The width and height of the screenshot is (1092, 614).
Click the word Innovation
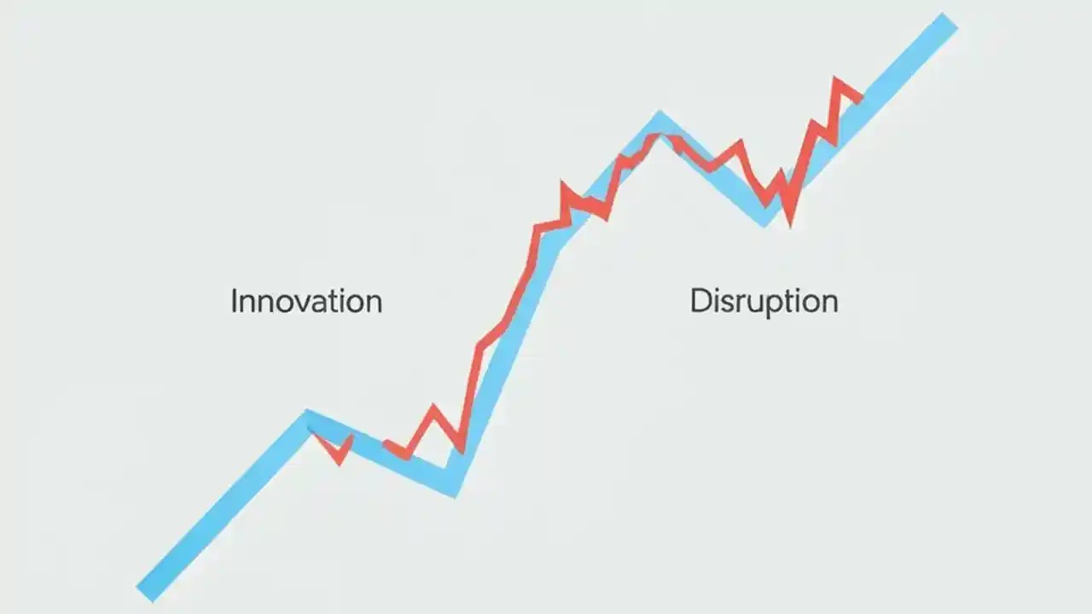click(306, 301)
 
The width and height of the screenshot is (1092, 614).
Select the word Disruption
click(764, 301)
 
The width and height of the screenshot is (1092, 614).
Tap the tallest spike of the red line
click(837, 81)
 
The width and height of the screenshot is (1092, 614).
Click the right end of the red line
click(860, 99)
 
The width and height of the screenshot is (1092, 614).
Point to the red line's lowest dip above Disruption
click(790, 223)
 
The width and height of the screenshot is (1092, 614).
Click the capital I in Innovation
click(235, 301)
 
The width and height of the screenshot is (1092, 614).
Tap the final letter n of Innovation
click(373, 304)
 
